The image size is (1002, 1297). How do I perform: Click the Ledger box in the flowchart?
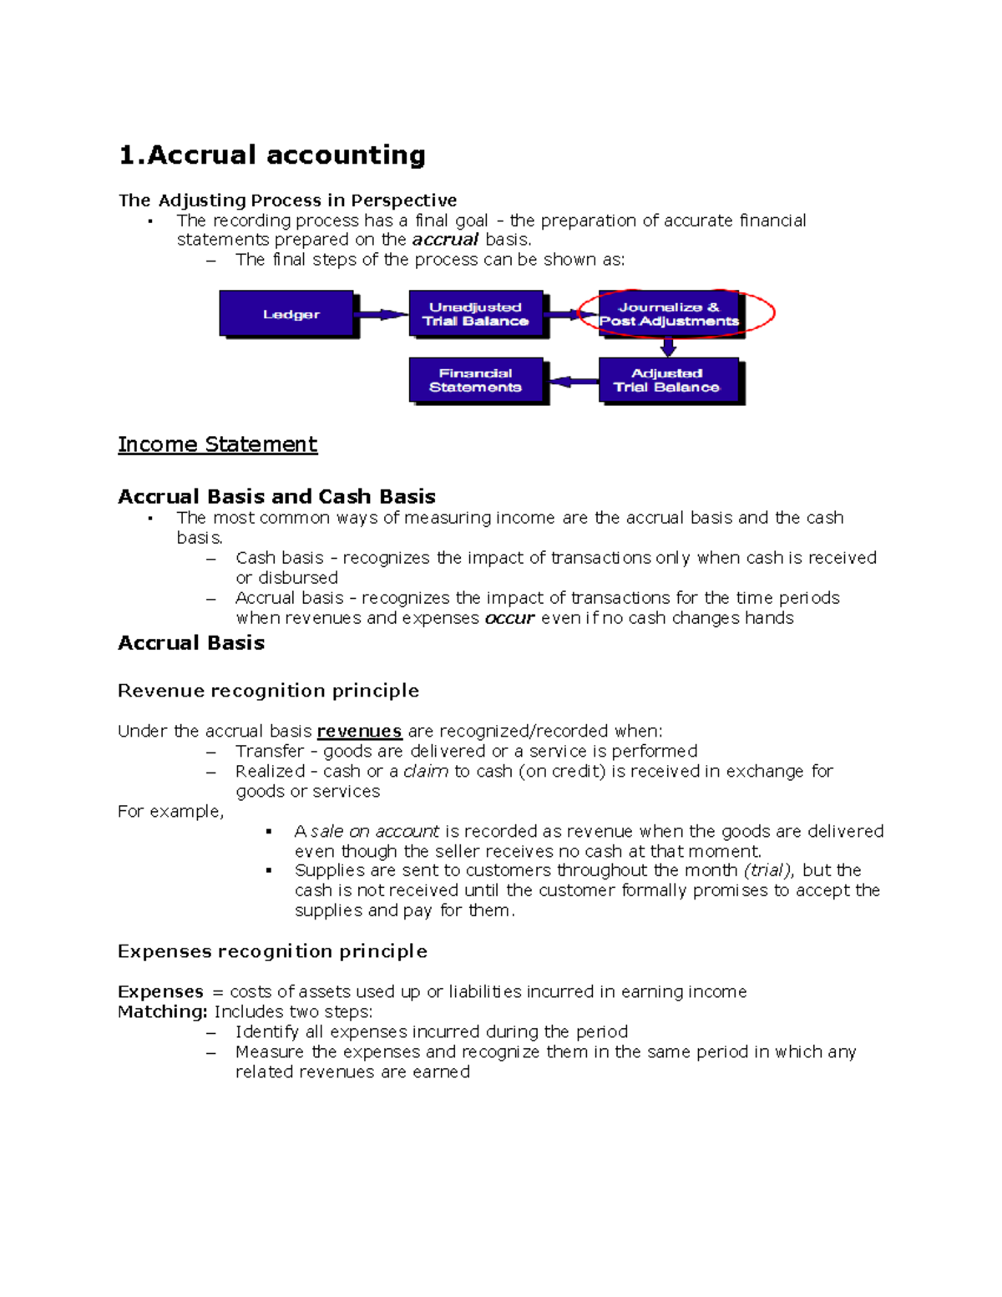click(x=287, y=314)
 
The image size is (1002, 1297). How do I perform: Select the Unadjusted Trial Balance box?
click(x=476, y=314)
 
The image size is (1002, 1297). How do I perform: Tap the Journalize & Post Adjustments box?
click(x=669, y=314)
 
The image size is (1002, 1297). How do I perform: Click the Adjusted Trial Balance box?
click(x=668, y=380)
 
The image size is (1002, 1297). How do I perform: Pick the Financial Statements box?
click(x=476, y=380)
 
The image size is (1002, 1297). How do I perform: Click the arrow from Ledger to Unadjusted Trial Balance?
click(x=382, y=315)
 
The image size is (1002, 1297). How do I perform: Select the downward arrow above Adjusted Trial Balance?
click(x=668, y=346)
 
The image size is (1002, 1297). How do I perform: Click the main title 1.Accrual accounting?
click(x=272, y=155)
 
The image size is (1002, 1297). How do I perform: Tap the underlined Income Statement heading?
click(x=217, y=444)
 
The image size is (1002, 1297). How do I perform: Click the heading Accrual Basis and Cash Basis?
click(x=276, y=497)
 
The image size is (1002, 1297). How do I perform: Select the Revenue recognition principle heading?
click(x=268, y=691)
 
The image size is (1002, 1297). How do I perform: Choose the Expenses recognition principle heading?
click(x=272, y=951)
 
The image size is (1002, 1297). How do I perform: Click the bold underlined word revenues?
click(x=359, y=732)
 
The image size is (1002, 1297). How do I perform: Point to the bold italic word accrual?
click(x=445, y=240)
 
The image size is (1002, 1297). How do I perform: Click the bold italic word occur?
click(x=509, y=619)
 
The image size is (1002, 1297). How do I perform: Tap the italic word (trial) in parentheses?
click(x=768, y=870)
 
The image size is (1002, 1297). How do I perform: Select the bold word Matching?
click(x=162, y=1012)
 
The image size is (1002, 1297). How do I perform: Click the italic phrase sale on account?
click(x=375, y=832)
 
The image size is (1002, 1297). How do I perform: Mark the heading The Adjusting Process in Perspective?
click(x=287, y=200)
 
